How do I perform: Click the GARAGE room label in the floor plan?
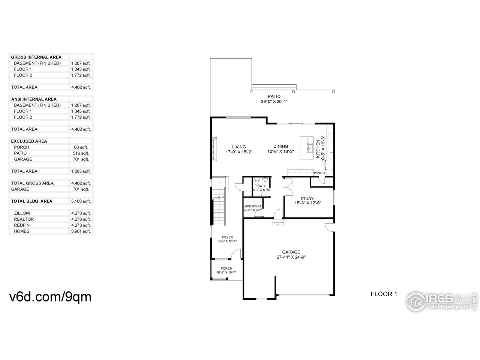pyautogui.click(x=291, y=252)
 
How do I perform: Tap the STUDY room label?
pyautogui.click(x=307, y=199)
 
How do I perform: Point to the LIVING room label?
pyautogui.click(x=238, y=147)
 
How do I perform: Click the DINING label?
pyautogui.click(x=280, y=147)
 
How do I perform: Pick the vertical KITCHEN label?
pyautogui.click(x=318, y=149)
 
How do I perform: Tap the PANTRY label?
pyautogui.click(x=319, y=173)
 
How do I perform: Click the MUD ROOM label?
pyautogui.click(x=252, y=206)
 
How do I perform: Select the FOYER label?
pyautogui.click(x=227, y=237)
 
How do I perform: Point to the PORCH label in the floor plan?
pyautogui.click(x=226, y=268)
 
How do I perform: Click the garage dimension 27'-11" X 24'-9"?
pyautogui.click(x=291, y=258)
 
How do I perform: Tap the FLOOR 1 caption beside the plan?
pyautogui.click(x=383, y=294)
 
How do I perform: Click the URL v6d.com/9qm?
pyautogui.click(x=50, y=297)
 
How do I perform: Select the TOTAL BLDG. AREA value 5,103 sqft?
pyautogui.click(x=81, y=201)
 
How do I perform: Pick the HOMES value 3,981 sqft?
pyautogui.click(x=81, y=231)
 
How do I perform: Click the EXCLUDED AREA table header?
pyautogui.click(x=29, y=141)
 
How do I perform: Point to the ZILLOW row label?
pyautogui.click(x=22, y=213)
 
